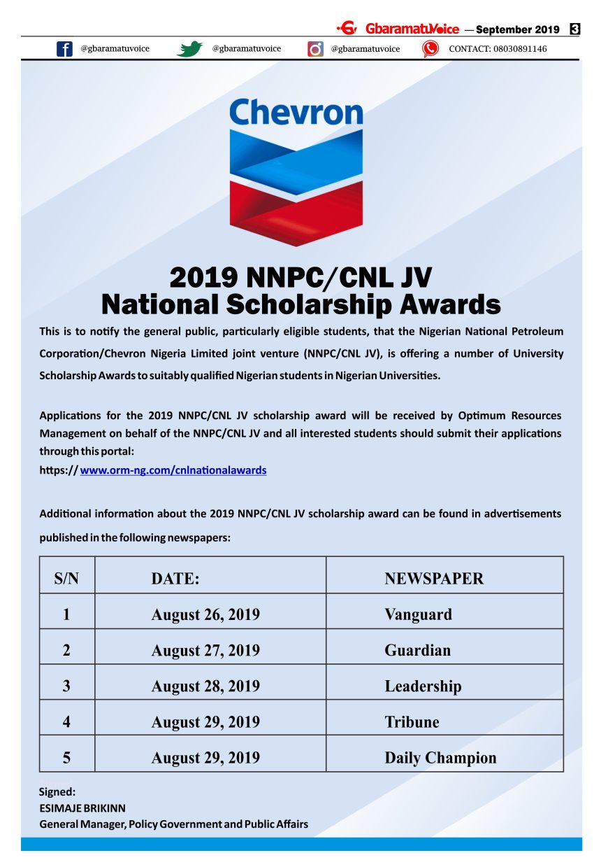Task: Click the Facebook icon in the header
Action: [64, 49]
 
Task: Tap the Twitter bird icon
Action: [189, 49]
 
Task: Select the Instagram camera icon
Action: [316, 49]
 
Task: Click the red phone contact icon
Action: [430, 49]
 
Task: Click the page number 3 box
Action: [574, 29]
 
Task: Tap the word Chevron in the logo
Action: [296, 113]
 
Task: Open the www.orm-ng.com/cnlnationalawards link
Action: [173, 470]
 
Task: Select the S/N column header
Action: [66, 579]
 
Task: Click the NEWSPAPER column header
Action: [433, 579]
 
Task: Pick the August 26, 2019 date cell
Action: [205, 615]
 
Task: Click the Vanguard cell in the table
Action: [418, 615]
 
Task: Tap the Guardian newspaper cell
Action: [417, 651]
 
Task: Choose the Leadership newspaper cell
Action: [423, 686]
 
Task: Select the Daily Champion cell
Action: [440, 758]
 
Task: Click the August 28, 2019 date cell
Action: [205, 686]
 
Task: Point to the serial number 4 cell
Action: [66, 722]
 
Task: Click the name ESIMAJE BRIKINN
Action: [82, 808]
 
